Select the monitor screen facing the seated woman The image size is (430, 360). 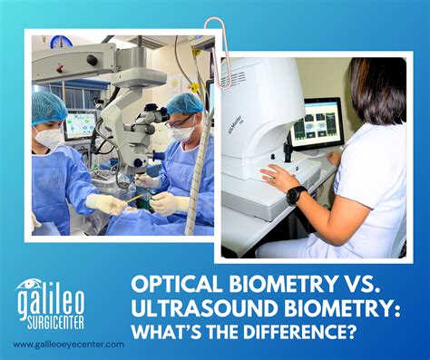coord(317,123)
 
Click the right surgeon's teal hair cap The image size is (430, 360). coord(185,103)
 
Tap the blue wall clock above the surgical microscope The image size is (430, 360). coord(63,42)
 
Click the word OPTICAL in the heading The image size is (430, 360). coord(181,287)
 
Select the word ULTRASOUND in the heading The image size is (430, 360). coord(202,310)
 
